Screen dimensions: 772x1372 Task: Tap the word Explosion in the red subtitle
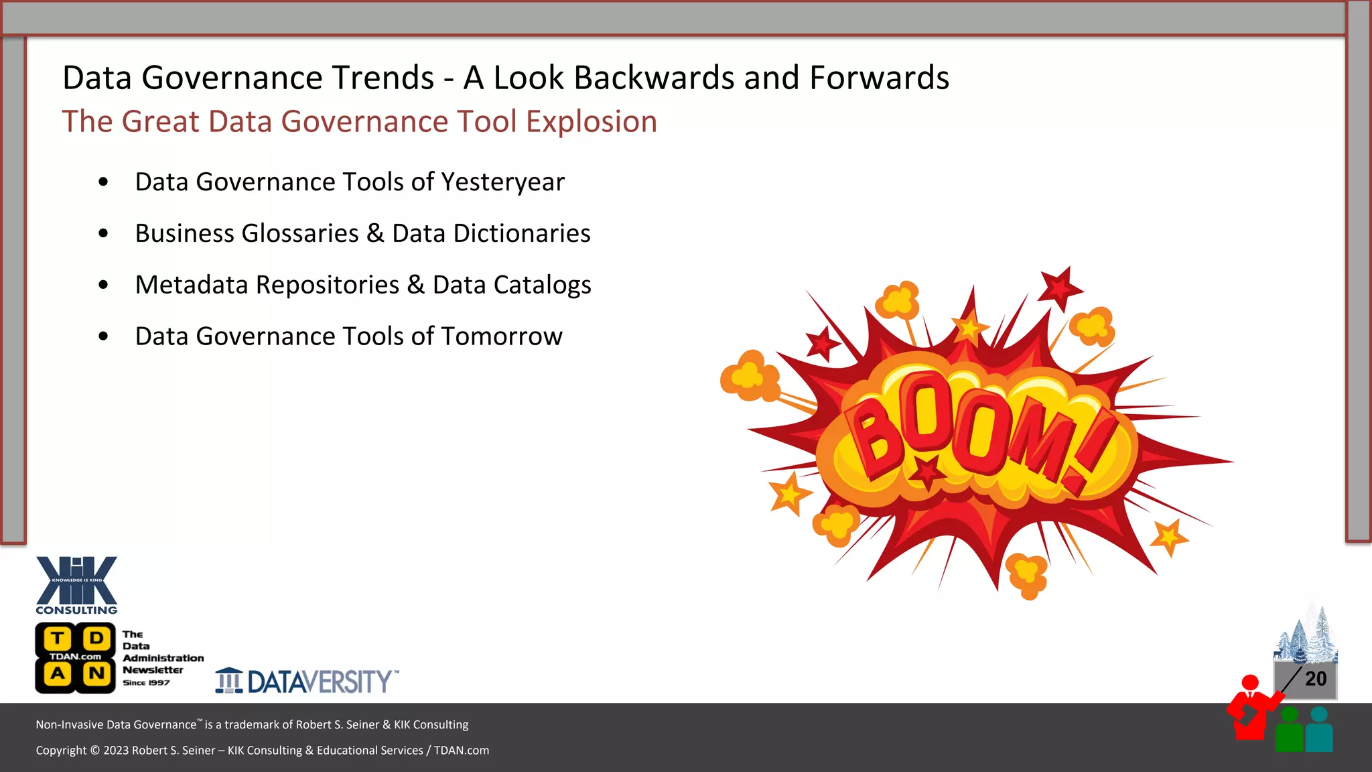tap(591, 122)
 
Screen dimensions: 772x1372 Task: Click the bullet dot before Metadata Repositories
tap(103, 285)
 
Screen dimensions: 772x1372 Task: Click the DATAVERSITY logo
tap(307, 681)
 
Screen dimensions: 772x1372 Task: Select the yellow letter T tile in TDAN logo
tap(58, 638)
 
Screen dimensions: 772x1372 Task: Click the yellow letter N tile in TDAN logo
tap(96, 673)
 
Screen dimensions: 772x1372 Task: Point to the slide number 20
tap(1315, 679)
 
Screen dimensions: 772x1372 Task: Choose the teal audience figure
tap(1319, 730)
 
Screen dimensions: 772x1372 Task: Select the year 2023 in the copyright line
tap(116, 751)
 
